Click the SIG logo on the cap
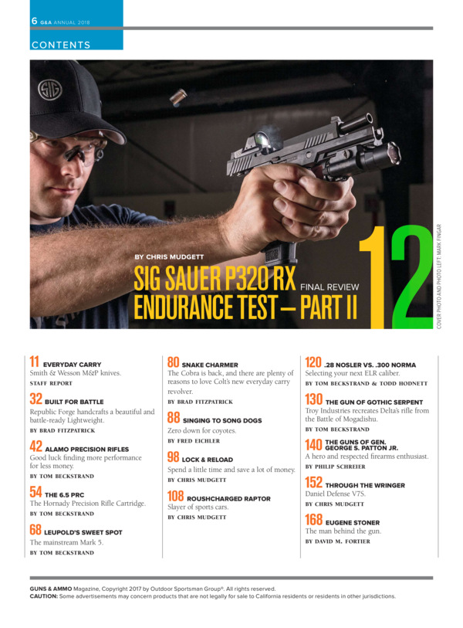pos(50,90)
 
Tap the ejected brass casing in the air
pos(178,97)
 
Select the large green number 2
pos(412,277)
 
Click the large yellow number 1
pos(373,277)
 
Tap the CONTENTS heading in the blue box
pos(61,45)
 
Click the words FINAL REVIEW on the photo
pos(330,287)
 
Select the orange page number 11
pos(35,362)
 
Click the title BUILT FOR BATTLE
pos(74,402)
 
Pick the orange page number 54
pos(35,492)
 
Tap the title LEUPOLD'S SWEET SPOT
pos(83,532)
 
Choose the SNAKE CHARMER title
pos(210,365)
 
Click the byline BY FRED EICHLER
pos(194,440)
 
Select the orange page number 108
pos(175,496)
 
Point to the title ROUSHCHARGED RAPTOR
pos(228,499)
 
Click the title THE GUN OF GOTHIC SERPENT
pos(374,402)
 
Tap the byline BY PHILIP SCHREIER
pos(336,467)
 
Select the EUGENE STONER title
pos(353,523)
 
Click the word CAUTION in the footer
pos(44,596)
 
